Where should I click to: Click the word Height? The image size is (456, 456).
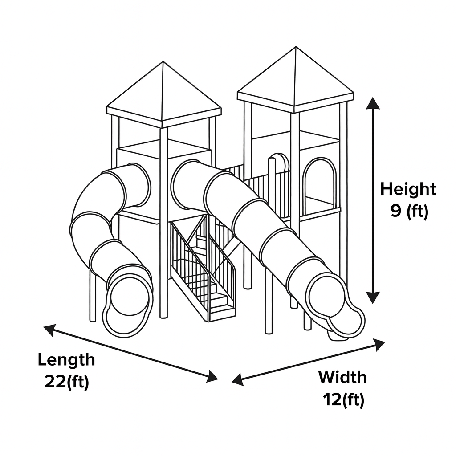408,189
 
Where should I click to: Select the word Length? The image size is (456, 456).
66,359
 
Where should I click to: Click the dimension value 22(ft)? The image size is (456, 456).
66,382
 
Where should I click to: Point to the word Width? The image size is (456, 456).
342,377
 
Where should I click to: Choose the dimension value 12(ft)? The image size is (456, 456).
343,399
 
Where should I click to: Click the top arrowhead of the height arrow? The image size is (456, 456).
373,103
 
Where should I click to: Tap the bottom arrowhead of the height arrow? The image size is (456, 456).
373,297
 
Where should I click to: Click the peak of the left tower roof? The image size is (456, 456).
163,62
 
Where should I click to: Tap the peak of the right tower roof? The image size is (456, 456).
295,48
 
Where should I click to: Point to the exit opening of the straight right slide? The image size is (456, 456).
330,299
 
